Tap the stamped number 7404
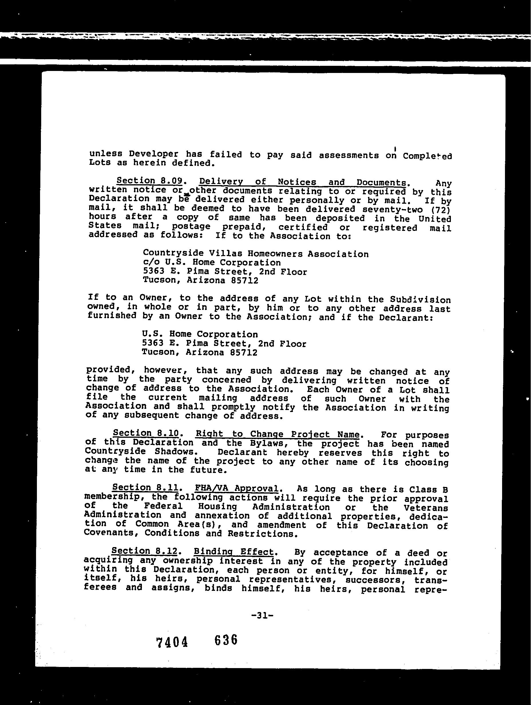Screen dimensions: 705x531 pos(172,642)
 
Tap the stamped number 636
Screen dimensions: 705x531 pos(226,640)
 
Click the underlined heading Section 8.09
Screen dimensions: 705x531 pos(149,181)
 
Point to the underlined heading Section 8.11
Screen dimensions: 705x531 pos(145,487)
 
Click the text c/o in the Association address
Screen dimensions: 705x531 pos(150,262)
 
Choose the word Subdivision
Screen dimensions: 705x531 pos(420,300)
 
